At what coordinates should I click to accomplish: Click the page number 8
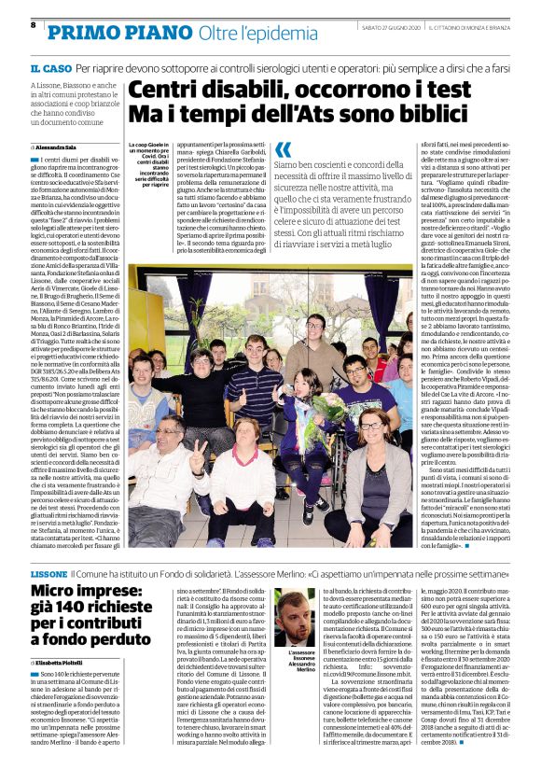(34, 24)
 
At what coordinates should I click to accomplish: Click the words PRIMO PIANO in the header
(98, 32)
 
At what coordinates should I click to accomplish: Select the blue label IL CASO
(49, 70)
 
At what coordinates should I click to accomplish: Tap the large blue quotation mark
(283, 149)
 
